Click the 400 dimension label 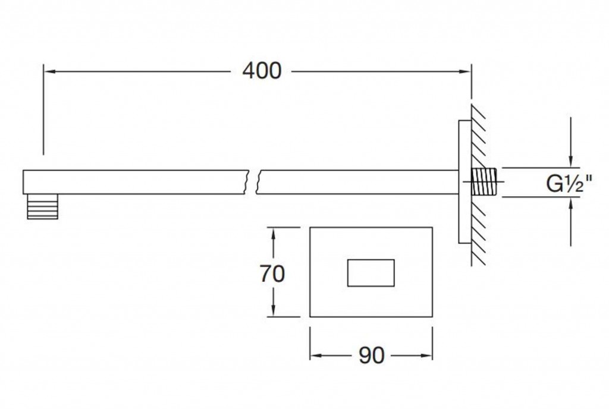coord(261,71)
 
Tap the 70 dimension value coord(272,274)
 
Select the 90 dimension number coord(372,355)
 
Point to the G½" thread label coord(569,184)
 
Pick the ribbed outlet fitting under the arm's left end coord(42,206)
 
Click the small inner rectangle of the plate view coord(371,273)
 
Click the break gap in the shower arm coord(253,182)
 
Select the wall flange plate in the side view coord(464,182)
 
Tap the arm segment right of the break coord(357,182)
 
